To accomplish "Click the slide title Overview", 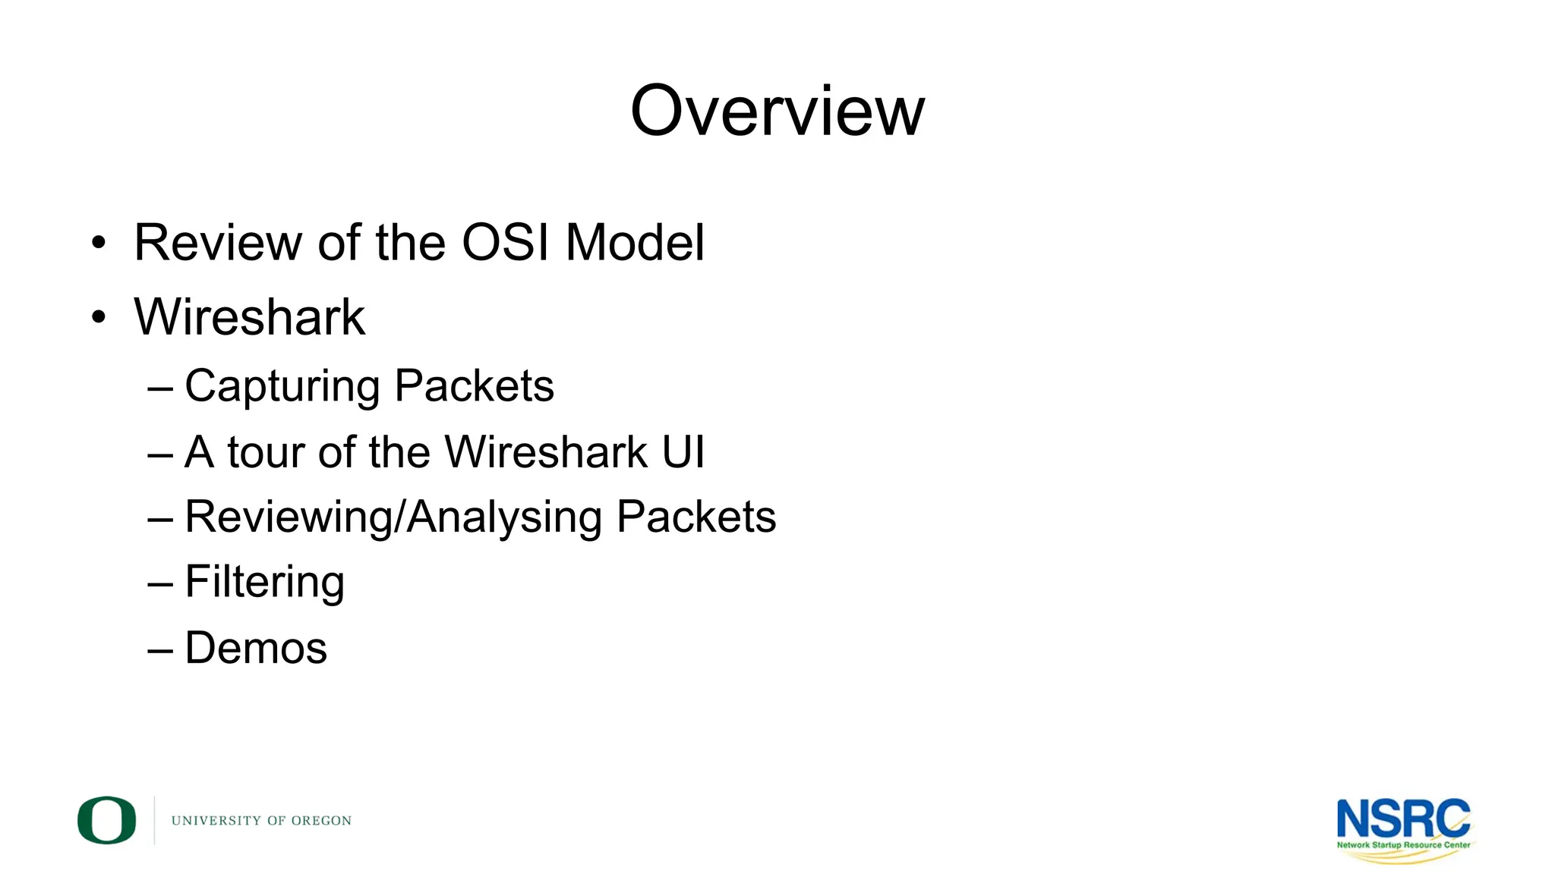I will click(x=777, y=112).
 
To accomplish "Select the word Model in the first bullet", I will click(x=635, y=243).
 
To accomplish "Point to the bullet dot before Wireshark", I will click(x=99, y=317).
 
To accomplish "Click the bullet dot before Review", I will click(x=99, y=244).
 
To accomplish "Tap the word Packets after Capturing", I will click(x=475, y=385).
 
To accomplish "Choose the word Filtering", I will click(x=264, y=583).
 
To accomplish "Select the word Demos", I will click(x=256, y=648).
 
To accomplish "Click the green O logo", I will click(x=106, y=820).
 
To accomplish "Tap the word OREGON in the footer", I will click(x=321, y=821).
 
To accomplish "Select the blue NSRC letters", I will click(x=1403, y=819).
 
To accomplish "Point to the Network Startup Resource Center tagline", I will click(x=1403, y=844).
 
